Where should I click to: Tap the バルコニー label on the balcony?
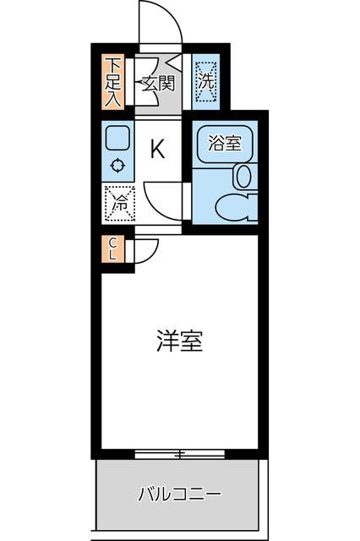coord(179,493)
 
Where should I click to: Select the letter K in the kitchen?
coord(157,150)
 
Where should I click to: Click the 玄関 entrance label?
coord(158,83)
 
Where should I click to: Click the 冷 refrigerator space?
coord(117,203)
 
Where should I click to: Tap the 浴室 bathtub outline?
coord(225,143)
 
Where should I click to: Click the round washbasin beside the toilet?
coord(243,176)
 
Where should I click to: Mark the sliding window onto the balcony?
coord(179,455)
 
